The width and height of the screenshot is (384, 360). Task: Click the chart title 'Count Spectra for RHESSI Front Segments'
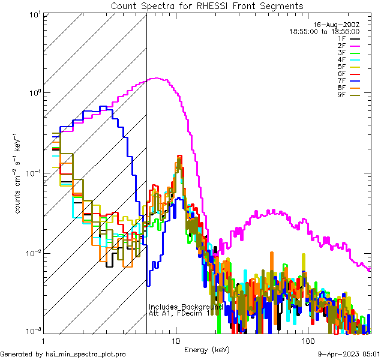[207, 6]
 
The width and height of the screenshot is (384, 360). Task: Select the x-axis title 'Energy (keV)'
[206, 349]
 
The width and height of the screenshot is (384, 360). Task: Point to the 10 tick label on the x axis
[175, 340]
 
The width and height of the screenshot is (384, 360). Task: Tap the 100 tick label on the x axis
[307, 340]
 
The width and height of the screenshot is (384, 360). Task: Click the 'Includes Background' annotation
[185, 307]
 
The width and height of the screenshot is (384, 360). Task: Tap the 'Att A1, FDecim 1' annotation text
[179, 313]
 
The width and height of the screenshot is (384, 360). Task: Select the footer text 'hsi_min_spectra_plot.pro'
[86, 355]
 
